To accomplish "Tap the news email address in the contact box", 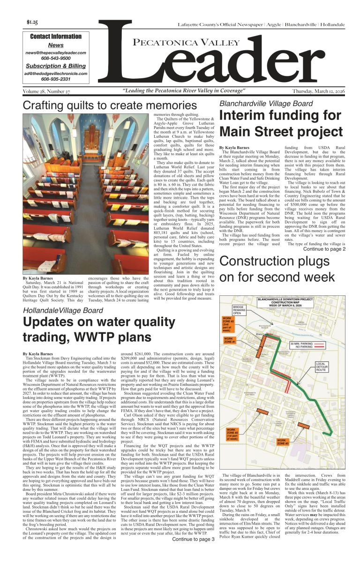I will [x=56, y=53].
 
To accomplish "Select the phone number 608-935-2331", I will [x=56, y=79].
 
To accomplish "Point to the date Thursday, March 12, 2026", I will [x=318, y=91].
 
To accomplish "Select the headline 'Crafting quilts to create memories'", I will [x=110, y=105].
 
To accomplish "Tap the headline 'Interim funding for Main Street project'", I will [x=280, y=123].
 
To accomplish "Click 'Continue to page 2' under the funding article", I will [x=324, y=249].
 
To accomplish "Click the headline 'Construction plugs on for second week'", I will [x=277, y=269].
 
